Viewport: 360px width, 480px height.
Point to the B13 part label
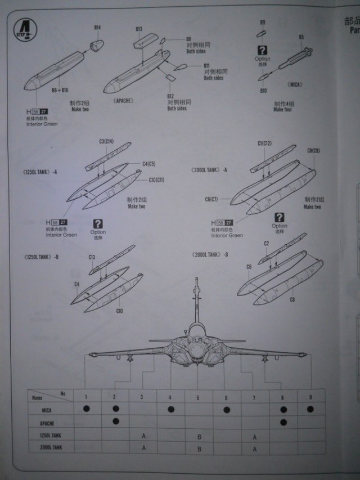point(139,29)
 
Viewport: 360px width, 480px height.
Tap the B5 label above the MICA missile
point(301,37)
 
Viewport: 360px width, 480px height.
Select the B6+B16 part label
point(60,90)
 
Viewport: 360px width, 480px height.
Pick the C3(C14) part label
point(106,142)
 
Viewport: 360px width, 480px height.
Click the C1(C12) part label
point(264,143)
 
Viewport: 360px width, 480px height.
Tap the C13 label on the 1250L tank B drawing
point(91,257)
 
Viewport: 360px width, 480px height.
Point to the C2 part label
point(267,243)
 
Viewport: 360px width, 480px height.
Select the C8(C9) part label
point(313,151)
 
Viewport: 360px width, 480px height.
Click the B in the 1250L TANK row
point(199,436)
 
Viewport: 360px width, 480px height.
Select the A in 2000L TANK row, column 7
point(255,448)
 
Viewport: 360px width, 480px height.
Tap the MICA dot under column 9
point(311,409)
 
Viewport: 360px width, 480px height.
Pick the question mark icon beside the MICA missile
point(262,50)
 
